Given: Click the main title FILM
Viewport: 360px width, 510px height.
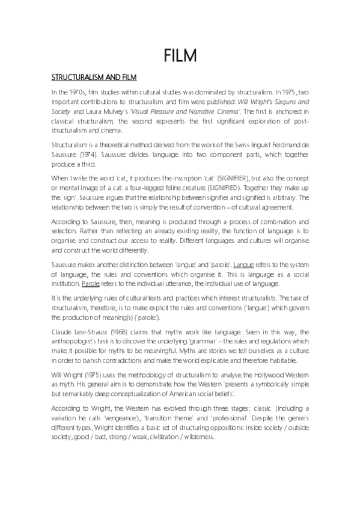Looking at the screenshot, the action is point(180,55).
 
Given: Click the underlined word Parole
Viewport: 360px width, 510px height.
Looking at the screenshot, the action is point(91,283).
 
